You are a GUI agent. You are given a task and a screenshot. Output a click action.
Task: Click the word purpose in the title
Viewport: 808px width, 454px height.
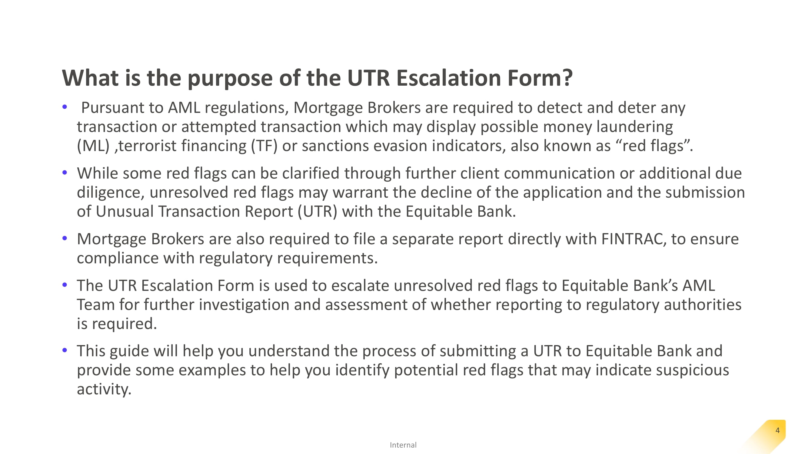[230, 78]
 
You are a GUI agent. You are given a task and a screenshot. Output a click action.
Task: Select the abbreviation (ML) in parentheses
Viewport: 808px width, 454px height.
[93, 146]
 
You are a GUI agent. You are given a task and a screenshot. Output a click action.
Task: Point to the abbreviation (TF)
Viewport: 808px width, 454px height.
[264, 146]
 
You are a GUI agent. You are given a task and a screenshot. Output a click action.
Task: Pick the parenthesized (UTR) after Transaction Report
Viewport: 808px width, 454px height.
[318, 212]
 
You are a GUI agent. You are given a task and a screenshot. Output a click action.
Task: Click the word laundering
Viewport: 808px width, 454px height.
[634, 127]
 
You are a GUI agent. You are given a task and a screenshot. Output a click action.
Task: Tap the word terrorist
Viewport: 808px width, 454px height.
[147, 146]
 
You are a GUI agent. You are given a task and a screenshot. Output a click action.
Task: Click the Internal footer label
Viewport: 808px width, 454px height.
[403, 445]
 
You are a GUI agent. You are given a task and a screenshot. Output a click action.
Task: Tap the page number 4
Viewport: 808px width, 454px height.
[778, 430]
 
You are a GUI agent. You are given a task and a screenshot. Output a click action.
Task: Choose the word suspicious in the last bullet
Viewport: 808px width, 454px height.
[692, 370]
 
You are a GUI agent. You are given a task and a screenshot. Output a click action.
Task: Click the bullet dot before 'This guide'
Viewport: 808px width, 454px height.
[65, 350]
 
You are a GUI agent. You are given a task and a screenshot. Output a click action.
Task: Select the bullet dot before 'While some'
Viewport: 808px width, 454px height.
[65, 172]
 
